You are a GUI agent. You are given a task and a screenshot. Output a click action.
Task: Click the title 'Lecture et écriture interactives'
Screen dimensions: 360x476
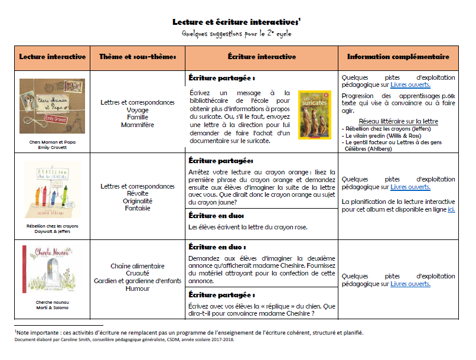236,22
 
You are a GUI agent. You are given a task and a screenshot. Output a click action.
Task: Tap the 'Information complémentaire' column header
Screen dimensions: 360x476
398,57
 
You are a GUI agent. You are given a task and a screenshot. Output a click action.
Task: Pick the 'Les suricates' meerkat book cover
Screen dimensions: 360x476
315,115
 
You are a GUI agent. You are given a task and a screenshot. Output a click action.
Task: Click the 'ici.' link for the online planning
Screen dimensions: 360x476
451,209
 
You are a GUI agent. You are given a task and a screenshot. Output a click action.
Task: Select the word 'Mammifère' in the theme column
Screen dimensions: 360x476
138,125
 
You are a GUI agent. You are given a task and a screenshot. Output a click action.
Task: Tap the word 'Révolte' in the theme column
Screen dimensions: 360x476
138,193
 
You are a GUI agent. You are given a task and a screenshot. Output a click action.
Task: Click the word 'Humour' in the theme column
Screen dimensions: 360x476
138,288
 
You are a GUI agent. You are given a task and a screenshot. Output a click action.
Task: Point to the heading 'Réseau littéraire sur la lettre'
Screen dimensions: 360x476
398,121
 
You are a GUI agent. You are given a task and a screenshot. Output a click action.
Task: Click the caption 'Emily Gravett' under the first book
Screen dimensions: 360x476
52,147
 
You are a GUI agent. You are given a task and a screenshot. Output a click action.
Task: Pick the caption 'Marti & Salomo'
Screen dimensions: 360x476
52,307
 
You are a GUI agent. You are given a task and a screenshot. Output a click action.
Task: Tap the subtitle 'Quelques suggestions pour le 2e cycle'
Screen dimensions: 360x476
236,34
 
